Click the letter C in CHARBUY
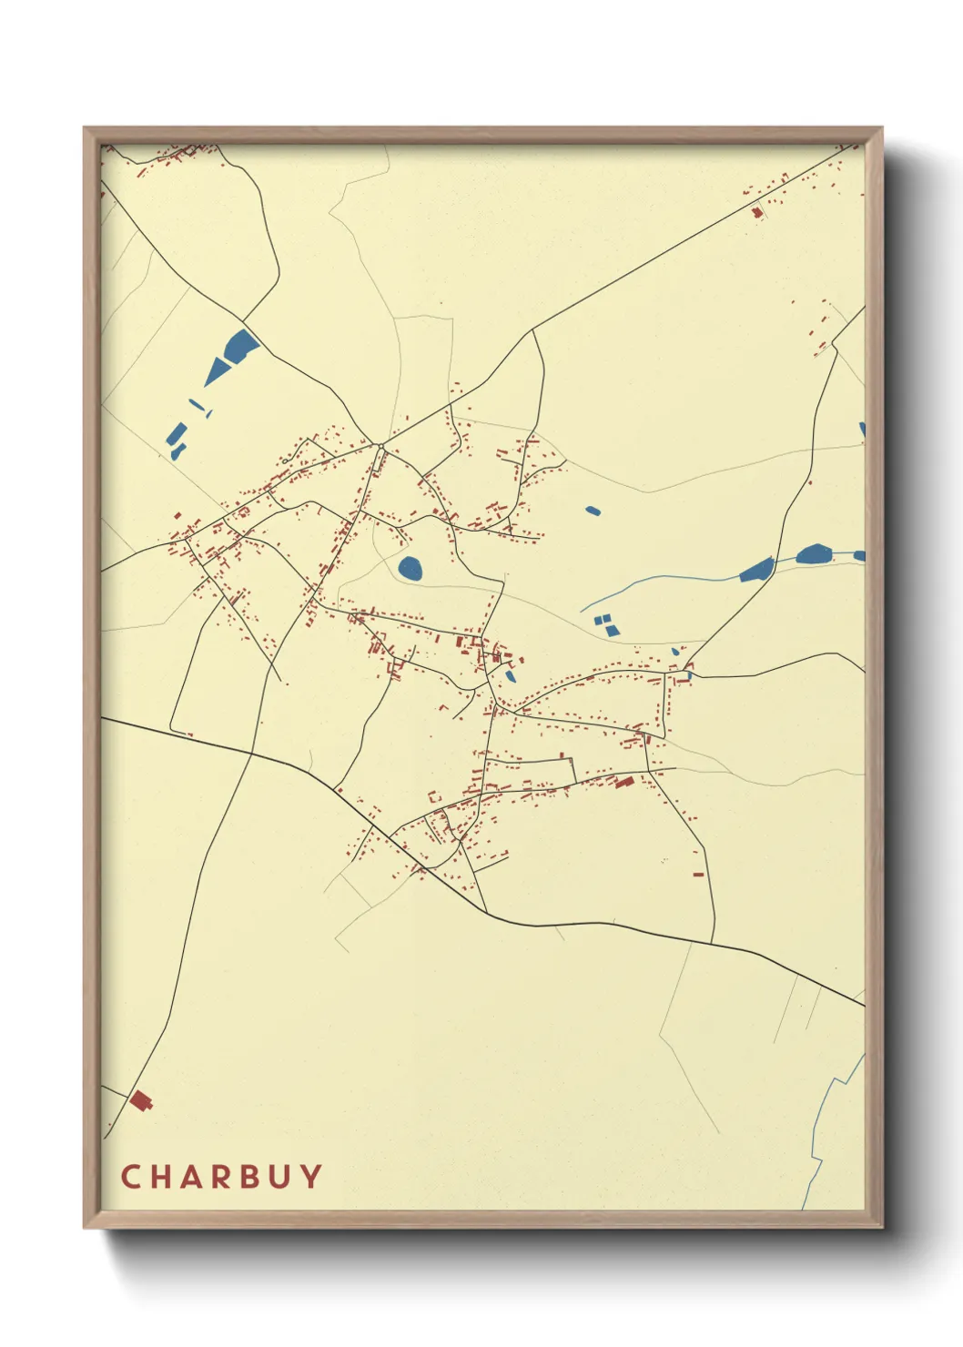tap(130, 1177)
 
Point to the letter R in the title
tap(224, 1177)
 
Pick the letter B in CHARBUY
tap(254, 1177)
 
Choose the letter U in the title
tap(283, 1177)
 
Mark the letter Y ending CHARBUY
tap(311, 1177)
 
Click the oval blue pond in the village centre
tap(411, 570)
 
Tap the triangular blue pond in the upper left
tap(218, 370)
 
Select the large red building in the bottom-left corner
tap(140, 1101)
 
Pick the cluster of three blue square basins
tap(605, 624)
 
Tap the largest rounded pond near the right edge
tap(813, 553)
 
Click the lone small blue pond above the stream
tap(593, 511)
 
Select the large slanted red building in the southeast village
tap(624, 781)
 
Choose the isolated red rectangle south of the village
tap(698, 875)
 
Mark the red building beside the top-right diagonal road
tap(756, 213)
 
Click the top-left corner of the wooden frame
tap(86, 129)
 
